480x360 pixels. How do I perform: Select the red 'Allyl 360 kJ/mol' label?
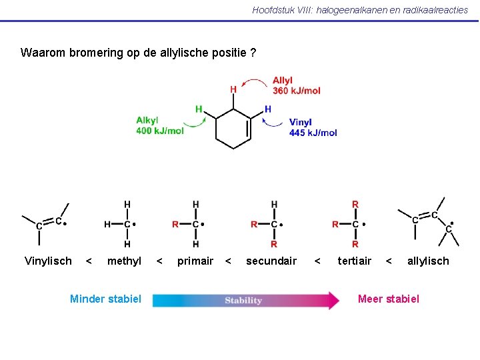pyautogui.click(x=296, y=85)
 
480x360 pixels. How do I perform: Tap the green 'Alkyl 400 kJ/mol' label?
pyautogui.click(x=159, y=125)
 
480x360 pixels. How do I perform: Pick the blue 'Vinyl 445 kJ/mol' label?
pyautogui.click(x=313, y=127)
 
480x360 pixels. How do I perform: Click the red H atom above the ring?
pyautogui.click(x=233, y=89)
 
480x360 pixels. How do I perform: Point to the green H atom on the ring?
pyautogui.click(x=199, y=109)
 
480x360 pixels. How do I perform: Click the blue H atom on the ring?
pyautogui.click(x=267, y=109)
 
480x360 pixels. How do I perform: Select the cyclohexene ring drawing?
pyautogui.click(x=233, y=126)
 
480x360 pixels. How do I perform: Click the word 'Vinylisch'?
pyautogui.click(x=48, y=261)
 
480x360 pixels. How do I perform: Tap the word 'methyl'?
pyautogui.click(x=124, y=261)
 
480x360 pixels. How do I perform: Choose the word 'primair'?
pyautogui.click(x=195, y=261)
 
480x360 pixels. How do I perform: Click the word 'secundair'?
pyautogui.click(x=271, y=261)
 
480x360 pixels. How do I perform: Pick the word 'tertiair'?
pyautogui.click(x=355, y=261)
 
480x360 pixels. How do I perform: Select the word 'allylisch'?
pyautogui.click(x=428, y=261)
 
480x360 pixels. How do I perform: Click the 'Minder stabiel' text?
pyautogui.click(x=105, y=299)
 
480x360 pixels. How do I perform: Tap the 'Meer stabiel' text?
pyautogui.click(x=389, y=299)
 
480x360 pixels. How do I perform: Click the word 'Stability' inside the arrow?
pyautogui.click(x=243, y=300)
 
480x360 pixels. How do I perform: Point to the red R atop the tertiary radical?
pyautogui.click(x=355, y=204)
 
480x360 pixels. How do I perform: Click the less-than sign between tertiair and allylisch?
pyautogui.click(x=389, y=261)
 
